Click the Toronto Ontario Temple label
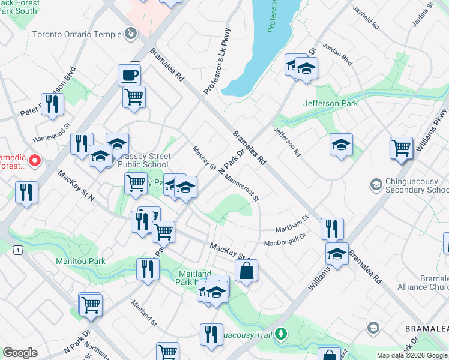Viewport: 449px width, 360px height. [x=77, y=34]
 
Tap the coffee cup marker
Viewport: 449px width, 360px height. [x=130, y=76]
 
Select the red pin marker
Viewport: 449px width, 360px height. [x=34, y=160]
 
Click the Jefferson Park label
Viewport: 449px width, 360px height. [x=331, y=103]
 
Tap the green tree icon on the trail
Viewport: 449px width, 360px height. [x=280, y=334]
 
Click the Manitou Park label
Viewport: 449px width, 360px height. [x=80, y=261]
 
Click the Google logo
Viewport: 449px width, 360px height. [x=20, y=353]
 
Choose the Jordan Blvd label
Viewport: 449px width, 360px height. [x=337, y=54]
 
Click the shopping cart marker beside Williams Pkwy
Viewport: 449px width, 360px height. [x=401, y=147]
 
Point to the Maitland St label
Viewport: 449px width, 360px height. [x=144, y=313]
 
